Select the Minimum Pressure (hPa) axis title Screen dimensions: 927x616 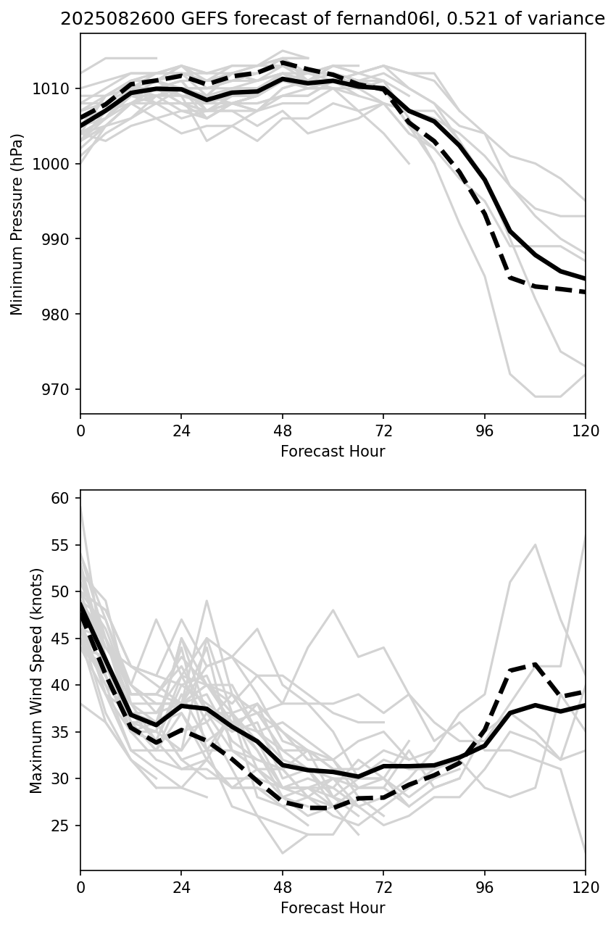point(17,224)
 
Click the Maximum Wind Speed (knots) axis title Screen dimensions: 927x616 point(36,681)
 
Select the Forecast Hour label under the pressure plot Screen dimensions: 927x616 point(333,452)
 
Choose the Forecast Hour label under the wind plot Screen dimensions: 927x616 point(333,908)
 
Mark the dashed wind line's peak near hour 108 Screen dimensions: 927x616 point(535,664)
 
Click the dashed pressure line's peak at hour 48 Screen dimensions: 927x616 point(283,62)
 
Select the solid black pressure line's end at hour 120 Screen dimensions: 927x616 point(584,278)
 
